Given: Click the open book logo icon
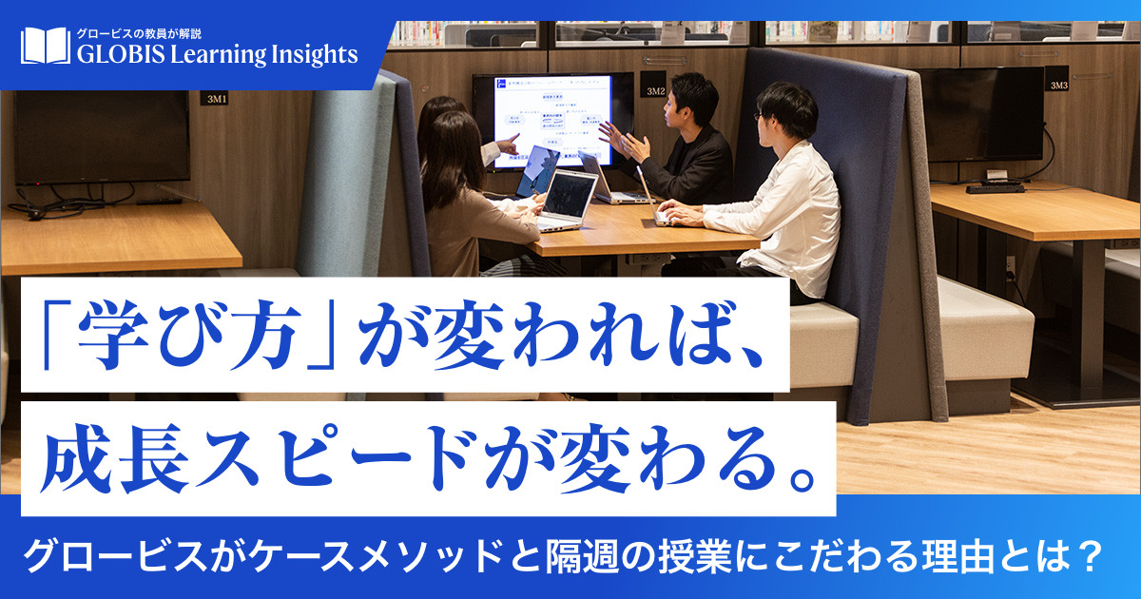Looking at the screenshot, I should [45, 47].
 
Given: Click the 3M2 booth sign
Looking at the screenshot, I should [655, 90].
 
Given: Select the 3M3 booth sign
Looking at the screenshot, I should [1058, 85].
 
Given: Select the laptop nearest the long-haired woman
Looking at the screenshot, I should [568, 198].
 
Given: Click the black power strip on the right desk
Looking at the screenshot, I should [995, 187].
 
